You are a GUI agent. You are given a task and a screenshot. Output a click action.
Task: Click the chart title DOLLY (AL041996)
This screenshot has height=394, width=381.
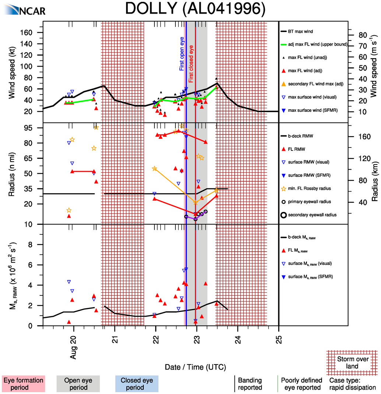195,9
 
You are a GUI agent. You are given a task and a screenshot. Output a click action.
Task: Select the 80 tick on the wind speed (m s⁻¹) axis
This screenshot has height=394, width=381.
360,35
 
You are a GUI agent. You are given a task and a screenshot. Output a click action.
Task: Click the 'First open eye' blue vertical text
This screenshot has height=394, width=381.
182,54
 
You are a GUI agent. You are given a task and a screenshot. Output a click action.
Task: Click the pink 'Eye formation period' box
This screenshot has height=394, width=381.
23,384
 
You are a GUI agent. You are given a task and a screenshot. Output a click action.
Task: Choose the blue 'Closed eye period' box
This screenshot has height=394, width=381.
137,384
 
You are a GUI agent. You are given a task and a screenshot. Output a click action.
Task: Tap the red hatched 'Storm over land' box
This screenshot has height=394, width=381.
352,362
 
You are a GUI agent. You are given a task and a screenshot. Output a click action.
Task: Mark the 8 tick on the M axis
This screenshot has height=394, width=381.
36,245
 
